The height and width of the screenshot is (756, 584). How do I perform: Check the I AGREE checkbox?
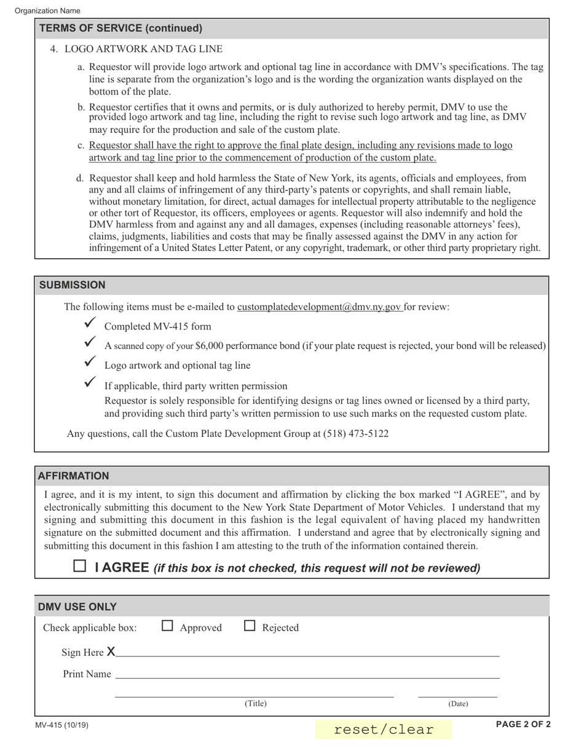[x=80, y=566]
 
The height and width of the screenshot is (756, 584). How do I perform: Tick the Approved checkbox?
[x=167, y=626]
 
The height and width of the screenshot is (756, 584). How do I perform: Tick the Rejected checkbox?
[x=250, y=626]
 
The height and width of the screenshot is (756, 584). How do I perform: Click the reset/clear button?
[x=384, y=730]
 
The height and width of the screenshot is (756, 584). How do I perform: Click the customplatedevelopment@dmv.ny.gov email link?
[x=320, y=307]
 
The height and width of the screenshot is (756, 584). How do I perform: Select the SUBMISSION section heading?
[x=73, y=285]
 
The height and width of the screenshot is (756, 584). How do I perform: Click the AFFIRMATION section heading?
[x=74, y=476]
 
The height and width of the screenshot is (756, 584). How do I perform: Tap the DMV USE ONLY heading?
[x=77, y=607]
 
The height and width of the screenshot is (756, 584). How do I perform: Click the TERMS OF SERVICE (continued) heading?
[x=120, y=28]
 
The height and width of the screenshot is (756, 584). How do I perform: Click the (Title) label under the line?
[x=256, y=704]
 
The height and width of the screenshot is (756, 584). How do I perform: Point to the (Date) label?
[x=458, y=704]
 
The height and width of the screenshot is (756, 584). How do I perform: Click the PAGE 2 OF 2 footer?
[x=523, y=724]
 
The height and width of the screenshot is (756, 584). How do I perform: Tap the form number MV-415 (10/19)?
[x=62, y=725]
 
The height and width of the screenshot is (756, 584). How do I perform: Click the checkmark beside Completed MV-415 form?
[x=90, y=323]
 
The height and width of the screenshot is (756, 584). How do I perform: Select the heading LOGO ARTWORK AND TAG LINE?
[x=143, y=49]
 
